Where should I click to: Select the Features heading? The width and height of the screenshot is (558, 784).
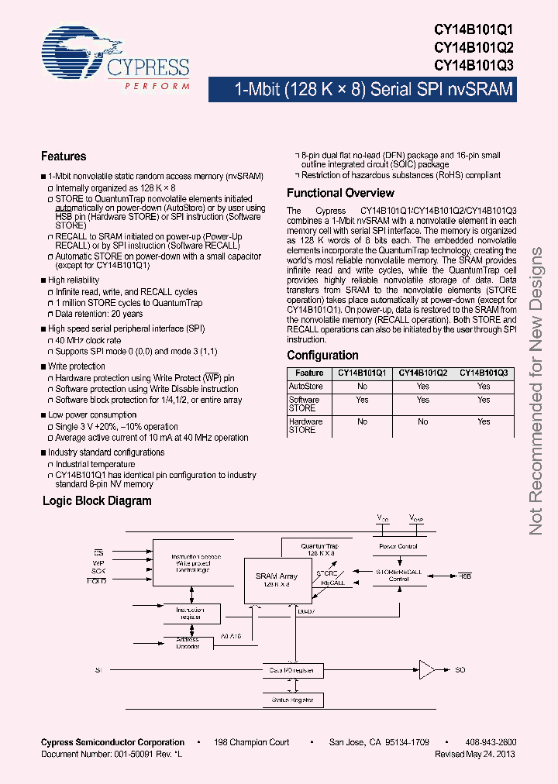pos(64,156)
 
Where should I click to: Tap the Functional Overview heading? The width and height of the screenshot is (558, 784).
pos(340,193)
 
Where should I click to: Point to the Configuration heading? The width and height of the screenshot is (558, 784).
pos(322,356)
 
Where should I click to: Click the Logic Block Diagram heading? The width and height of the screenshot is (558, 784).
pos(97,501)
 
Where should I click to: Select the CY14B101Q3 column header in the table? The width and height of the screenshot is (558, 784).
pos(484,373)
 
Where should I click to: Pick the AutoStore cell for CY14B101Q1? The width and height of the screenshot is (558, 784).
pos(362,386)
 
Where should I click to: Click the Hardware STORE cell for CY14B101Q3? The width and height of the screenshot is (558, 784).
pos(484,422)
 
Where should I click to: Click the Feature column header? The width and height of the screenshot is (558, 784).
pos(309,373)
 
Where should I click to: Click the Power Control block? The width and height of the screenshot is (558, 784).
pos(398,546)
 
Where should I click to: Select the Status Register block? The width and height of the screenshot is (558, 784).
pos(292,700)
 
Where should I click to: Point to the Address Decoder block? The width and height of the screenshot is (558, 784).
pos(188,643)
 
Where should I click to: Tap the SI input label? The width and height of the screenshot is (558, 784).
pos(98,669)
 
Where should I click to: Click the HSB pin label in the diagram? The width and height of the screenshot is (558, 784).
pos(464,576)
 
